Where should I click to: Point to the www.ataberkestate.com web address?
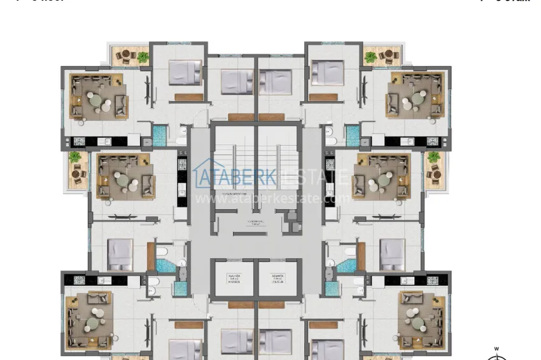[272, 198]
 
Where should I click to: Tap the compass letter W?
[496, 349]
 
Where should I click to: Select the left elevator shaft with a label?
[232, 279]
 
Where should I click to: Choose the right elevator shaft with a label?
[278, 279]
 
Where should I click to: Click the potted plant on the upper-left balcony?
[143, 57]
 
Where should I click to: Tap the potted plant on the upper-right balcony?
[370, 57]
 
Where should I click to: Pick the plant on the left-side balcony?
[75, 156]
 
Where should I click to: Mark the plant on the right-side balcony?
[434, 156]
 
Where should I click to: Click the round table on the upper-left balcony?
[125, 55]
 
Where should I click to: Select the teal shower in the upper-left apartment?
[158, 135]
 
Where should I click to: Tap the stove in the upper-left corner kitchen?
[80, 141]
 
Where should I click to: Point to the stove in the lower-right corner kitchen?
[436, 280]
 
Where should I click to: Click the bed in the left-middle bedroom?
[120, 254]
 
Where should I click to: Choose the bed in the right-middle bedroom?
[392, 254]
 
